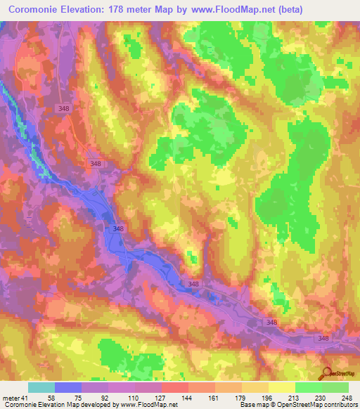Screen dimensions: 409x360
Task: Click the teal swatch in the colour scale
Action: click(41, 388)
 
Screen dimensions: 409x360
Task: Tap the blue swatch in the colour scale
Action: click(67, 388)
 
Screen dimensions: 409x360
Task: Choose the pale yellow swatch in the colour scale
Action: click(282, 388)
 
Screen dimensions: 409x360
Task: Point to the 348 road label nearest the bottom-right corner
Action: click(323, 339)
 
